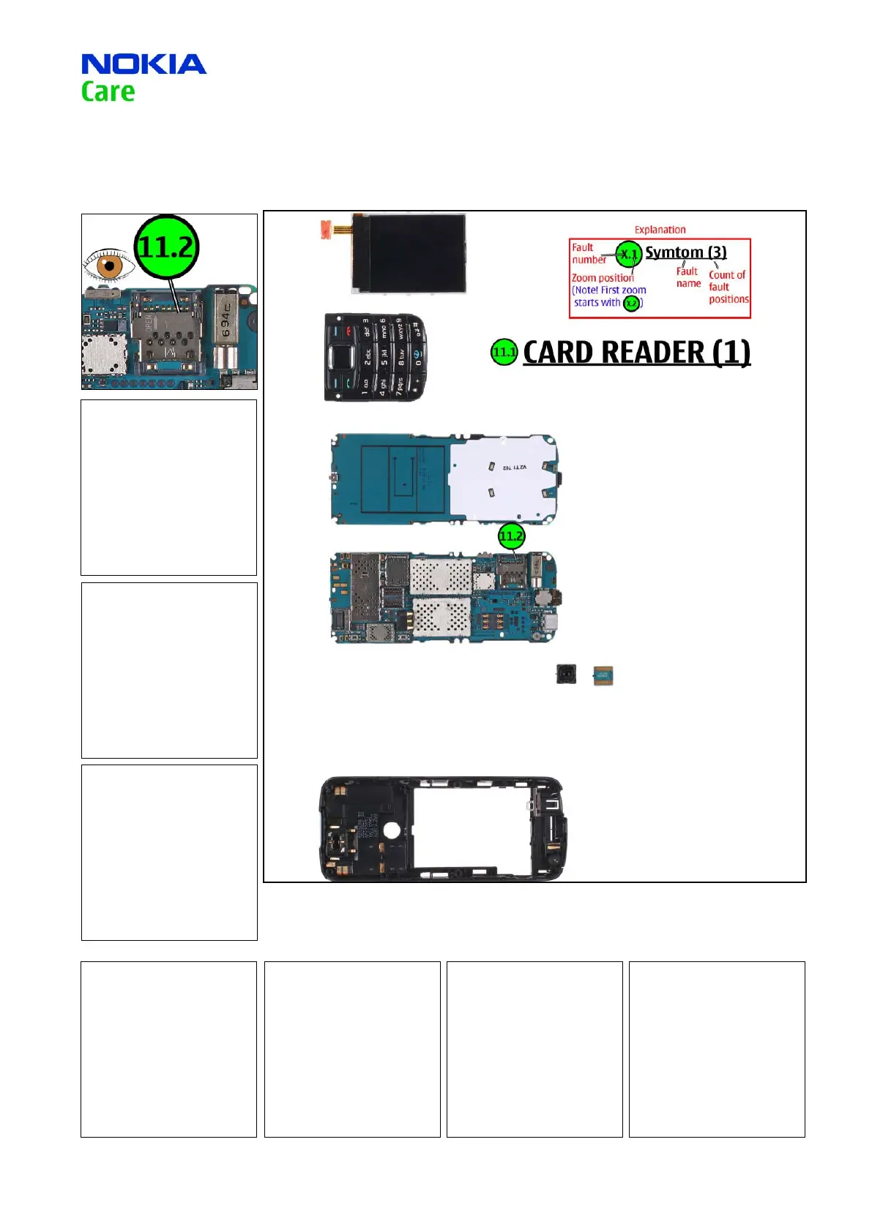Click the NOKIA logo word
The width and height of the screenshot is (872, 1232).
click(x=144, y=64)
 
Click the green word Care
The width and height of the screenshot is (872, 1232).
click(x=108, y=92)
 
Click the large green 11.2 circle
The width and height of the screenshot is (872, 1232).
click(x=167, y=247)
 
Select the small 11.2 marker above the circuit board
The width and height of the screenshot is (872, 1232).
click(x=511, y=536)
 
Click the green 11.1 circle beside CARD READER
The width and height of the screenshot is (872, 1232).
click(x=504, y=353)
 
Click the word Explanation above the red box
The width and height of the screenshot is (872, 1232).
click(x=660, y=230)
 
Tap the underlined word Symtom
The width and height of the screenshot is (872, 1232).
click(x=674, y=252)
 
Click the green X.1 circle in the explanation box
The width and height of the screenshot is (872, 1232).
click(x=628, y=254)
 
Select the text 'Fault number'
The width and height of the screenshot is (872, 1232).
click(x=588, y=253)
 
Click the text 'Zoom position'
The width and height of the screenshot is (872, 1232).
click(x=603, y=278)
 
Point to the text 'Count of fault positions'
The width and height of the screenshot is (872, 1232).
click(x=728, y=287)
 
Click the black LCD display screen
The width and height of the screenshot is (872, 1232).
click(x=409, y=252)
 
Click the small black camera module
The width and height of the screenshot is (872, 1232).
click(x=565, y=675)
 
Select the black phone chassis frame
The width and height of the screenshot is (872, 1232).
click(x=441, y=829)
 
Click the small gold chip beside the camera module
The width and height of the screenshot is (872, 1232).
click(x=603, y=676)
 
